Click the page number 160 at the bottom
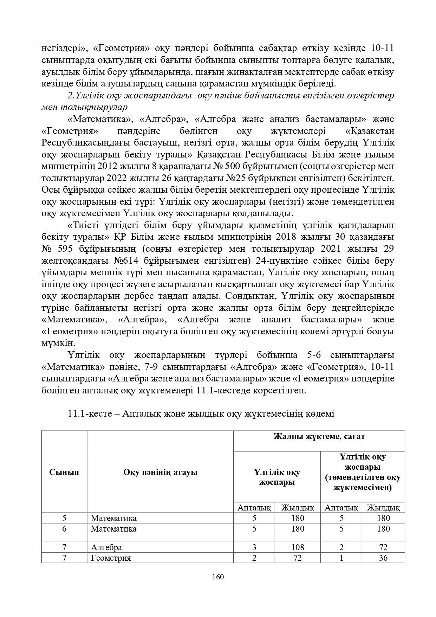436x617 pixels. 218,577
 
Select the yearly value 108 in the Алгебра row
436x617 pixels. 298,547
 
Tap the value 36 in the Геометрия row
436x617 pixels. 383,558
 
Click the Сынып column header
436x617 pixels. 64,472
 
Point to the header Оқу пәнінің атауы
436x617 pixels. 160,472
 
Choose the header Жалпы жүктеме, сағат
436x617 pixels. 319,437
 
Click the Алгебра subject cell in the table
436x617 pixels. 106,547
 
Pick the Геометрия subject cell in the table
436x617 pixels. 111,558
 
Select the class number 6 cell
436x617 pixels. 64,529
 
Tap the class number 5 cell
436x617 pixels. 64,518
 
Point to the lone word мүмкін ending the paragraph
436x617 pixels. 57,343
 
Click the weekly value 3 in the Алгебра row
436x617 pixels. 254,547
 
